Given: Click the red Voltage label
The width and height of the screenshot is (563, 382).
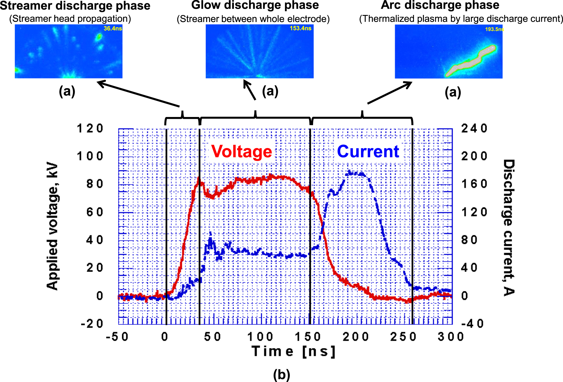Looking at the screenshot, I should pyautogui.click(x=242, y=151).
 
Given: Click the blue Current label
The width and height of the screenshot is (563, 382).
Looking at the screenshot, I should pyautogui.click(x=368, y=151).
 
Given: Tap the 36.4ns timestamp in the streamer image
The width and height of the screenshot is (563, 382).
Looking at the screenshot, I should pyautogui.click(x=113, y=28).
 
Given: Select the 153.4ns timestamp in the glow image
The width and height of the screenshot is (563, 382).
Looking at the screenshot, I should pyautogui.click(x=300, y=28).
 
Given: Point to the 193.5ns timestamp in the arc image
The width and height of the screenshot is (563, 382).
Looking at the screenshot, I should pyautogui.click(x=494, y=29).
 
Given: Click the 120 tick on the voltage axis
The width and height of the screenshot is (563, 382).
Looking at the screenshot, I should pyautogui.click(x=90, y=128).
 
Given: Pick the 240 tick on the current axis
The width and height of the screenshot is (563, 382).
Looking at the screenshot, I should pyautogui.click(x=474, y=128).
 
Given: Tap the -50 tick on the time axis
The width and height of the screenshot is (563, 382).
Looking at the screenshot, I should pyautogui.click(x=117, y=337).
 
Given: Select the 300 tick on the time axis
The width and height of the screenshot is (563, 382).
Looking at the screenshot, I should pyautogui.click(x=450, y=337).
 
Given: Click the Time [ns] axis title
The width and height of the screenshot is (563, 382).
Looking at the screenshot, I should pyautogui.click(x=293, y=351).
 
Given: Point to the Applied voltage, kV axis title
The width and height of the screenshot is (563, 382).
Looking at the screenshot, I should pyautogui.click(x=52, y=226).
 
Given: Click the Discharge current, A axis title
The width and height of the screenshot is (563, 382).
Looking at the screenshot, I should pyautogui.click(x=508, y=227).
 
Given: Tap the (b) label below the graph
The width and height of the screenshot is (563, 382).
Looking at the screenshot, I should pyautogui.click(x=281, y=375).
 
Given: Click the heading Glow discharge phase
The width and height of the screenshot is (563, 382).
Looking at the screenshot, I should pyautogui.click(x=255, y=5).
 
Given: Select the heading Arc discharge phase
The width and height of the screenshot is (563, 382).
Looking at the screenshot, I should pyautogui.click(x=440, y=5).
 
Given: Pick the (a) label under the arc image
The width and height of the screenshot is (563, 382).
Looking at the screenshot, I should pyautogui.click(x=453, y=92).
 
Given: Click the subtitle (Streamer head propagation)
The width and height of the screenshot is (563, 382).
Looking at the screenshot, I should pyautogui.click(x=70, y=19).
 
